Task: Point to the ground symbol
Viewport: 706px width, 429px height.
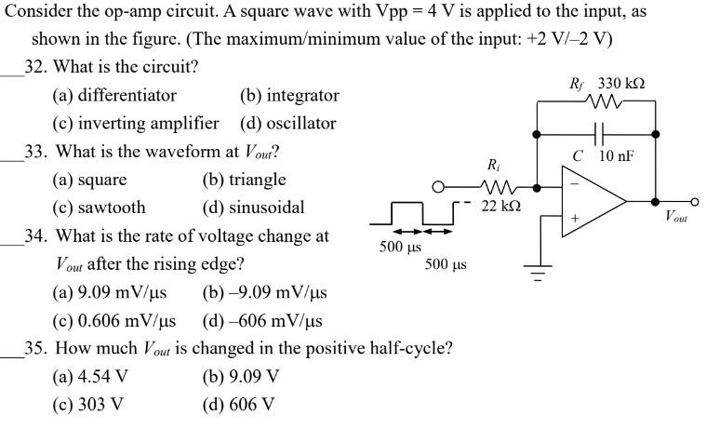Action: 537,274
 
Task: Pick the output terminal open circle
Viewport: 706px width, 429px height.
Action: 694,200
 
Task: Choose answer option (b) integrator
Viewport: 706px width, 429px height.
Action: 289,96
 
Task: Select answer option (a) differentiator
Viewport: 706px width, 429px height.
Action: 114,96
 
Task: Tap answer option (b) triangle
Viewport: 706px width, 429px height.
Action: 244,180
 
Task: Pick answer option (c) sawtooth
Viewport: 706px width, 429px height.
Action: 99,208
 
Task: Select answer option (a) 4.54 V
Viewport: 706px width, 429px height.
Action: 90,377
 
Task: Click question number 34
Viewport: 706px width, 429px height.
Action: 39,236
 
